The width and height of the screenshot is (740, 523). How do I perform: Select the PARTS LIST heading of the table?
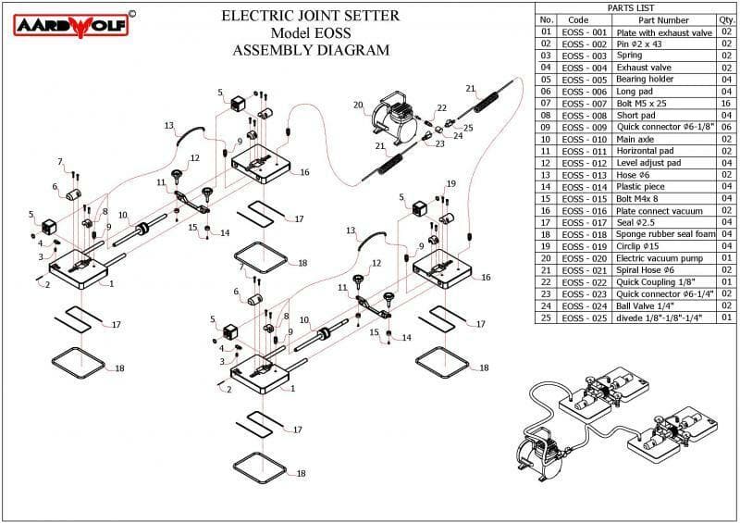point(636,7)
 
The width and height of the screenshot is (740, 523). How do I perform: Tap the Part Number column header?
point(663,19)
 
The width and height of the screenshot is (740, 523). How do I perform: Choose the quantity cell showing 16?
point(726,104)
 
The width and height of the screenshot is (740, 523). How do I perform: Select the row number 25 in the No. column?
point(546,318)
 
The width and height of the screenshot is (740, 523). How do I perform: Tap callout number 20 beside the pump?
point(358,105)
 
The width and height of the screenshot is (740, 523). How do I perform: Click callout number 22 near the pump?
point(442,108)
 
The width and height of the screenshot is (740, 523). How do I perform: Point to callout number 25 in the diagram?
point(468,128)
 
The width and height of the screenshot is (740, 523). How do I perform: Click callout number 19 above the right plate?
point(451,183)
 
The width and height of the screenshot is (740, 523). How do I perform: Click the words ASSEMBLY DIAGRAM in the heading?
point(311,50)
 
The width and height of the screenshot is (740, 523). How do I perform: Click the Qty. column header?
point(726,19)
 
